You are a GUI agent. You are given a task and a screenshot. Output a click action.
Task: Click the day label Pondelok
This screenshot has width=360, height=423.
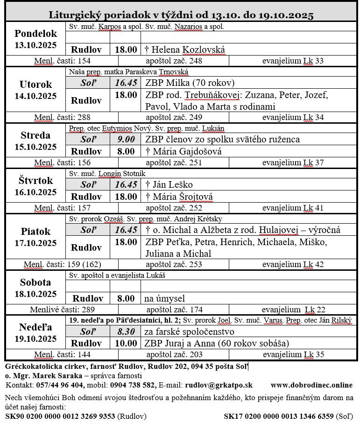click(x=35, y=34)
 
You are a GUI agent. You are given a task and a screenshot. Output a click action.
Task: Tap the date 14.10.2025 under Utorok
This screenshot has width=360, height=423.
click(x=35, y=97)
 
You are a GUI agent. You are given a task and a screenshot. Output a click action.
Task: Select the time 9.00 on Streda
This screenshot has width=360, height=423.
click(x=126, y=139)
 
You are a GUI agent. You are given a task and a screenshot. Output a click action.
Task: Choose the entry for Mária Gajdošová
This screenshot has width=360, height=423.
click(x=184, y=151)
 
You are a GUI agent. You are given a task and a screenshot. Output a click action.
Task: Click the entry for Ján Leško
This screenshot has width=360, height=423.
click(x=169, y=184)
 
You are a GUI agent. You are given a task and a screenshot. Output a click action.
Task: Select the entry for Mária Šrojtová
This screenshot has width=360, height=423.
click(x=179, y=197)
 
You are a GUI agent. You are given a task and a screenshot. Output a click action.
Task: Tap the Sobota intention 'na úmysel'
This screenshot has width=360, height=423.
click(x=165, y=298)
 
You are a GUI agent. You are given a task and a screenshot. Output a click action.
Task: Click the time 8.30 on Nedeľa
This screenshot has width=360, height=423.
click(x=126, y=331)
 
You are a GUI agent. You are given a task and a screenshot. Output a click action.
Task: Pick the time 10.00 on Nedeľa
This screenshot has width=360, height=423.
click(x=126, y=343)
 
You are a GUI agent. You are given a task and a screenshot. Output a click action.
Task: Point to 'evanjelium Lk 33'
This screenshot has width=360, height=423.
click(x=293, y=61)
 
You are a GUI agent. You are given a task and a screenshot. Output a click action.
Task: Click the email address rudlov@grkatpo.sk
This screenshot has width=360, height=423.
click(x=219, y=385)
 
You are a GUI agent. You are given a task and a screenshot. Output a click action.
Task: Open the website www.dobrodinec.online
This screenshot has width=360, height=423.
click(x=311, y=385)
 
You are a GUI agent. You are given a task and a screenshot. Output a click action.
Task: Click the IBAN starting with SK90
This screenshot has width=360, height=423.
click(x=60, y=416)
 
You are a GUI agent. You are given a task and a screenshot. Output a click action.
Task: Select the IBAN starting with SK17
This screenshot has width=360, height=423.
click(x=278, y=416)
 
